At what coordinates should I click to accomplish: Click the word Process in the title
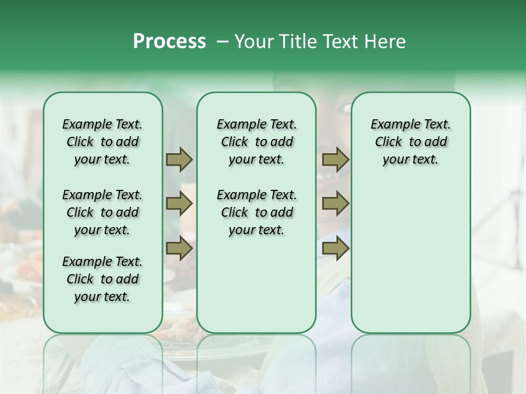pyautogui.click(x=169, y=42)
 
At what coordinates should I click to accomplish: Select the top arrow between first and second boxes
pyautogui.click(x=179, y=159)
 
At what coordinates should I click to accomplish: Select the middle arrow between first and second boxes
pyautogui.click(x=179, y=204)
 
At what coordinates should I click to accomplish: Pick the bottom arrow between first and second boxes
pyautogui.click(x=179, y=248)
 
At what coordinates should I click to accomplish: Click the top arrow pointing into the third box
pyautogui.click(x=335, y=159)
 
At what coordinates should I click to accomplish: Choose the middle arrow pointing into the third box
pyautogui.click(x=335, y=204)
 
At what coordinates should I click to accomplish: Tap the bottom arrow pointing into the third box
pyautogui.click(x=335, y=248)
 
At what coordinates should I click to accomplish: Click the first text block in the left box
pyautogui.click(x=102, y=142)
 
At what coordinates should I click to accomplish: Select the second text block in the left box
pyautogui.click(x=102, y=212)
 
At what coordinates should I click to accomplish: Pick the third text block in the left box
pyautogui.click(x=102, y=279)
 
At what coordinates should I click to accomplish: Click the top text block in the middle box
pyautogui.click(x=256, y=142)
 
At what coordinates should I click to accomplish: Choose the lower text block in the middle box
pyautogui.click(x=256, y=212)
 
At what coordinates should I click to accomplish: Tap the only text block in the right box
pyautogui.click(x=410, y=142)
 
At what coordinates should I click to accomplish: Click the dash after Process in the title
pyautogui.click(x=222, y=42)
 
